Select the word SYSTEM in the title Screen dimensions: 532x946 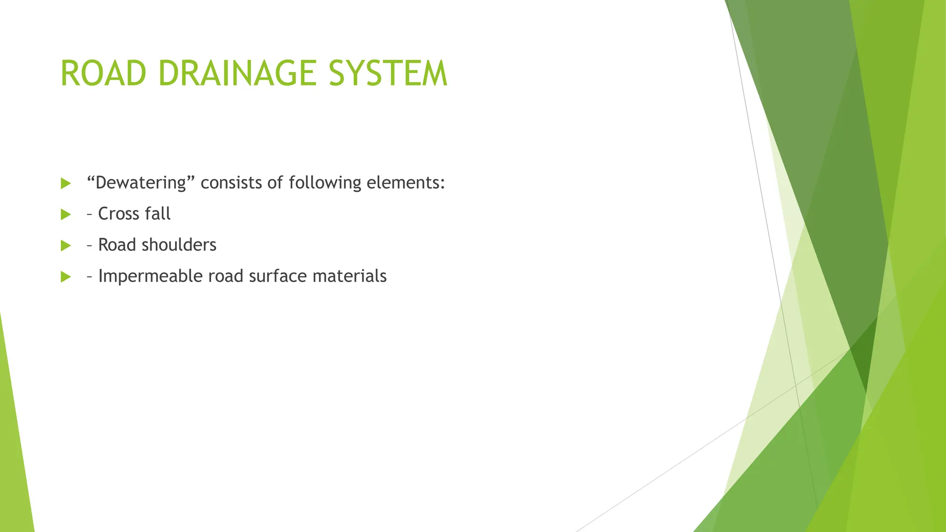(388, 73)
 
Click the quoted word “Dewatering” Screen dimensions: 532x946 (140, 183)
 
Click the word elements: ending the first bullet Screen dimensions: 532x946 (406, 183)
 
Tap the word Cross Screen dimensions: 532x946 (119, 214)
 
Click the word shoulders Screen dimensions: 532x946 (179, 245)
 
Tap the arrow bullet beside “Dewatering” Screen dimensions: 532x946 (66, 183)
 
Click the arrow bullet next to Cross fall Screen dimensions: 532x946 (66, 214)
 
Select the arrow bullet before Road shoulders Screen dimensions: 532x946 (66, 246)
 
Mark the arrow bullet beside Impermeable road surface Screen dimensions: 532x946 (66, 277)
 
